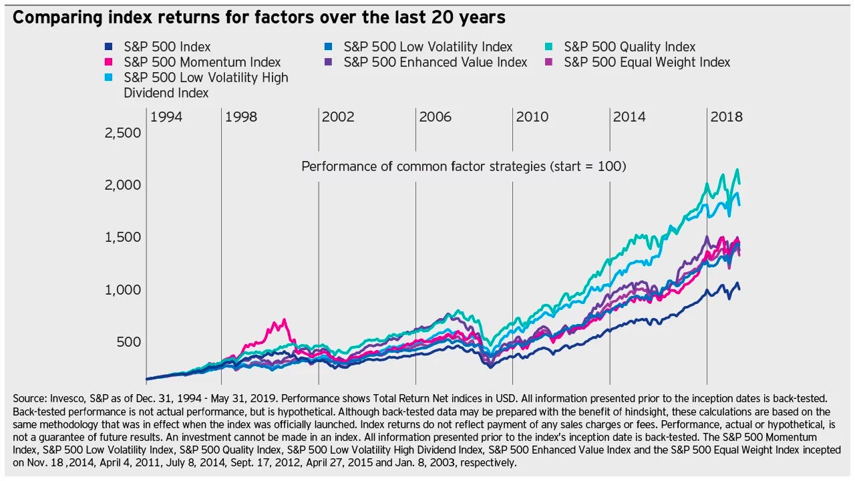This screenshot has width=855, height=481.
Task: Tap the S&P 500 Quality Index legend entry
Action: (629, 47)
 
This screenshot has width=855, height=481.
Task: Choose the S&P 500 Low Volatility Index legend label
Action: (427, 47)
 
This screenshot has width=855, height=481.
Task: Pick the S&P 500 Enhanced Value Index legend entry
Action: (436, 62)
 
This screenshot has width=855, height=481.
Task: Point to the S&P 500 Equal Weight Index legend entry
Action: (647, 62)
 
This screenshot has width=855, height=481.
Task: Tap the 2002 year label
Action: (338, 117)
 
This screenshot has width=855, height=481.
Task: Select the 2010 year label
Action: (532, 117)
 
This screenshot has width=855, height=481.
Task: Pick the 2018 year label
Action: (726, 117)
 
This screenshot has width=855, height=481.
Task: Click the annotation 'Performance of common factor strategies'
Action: (464, 166)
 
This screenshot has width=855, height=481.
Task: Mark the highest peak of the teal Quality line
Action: (737, 170)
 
